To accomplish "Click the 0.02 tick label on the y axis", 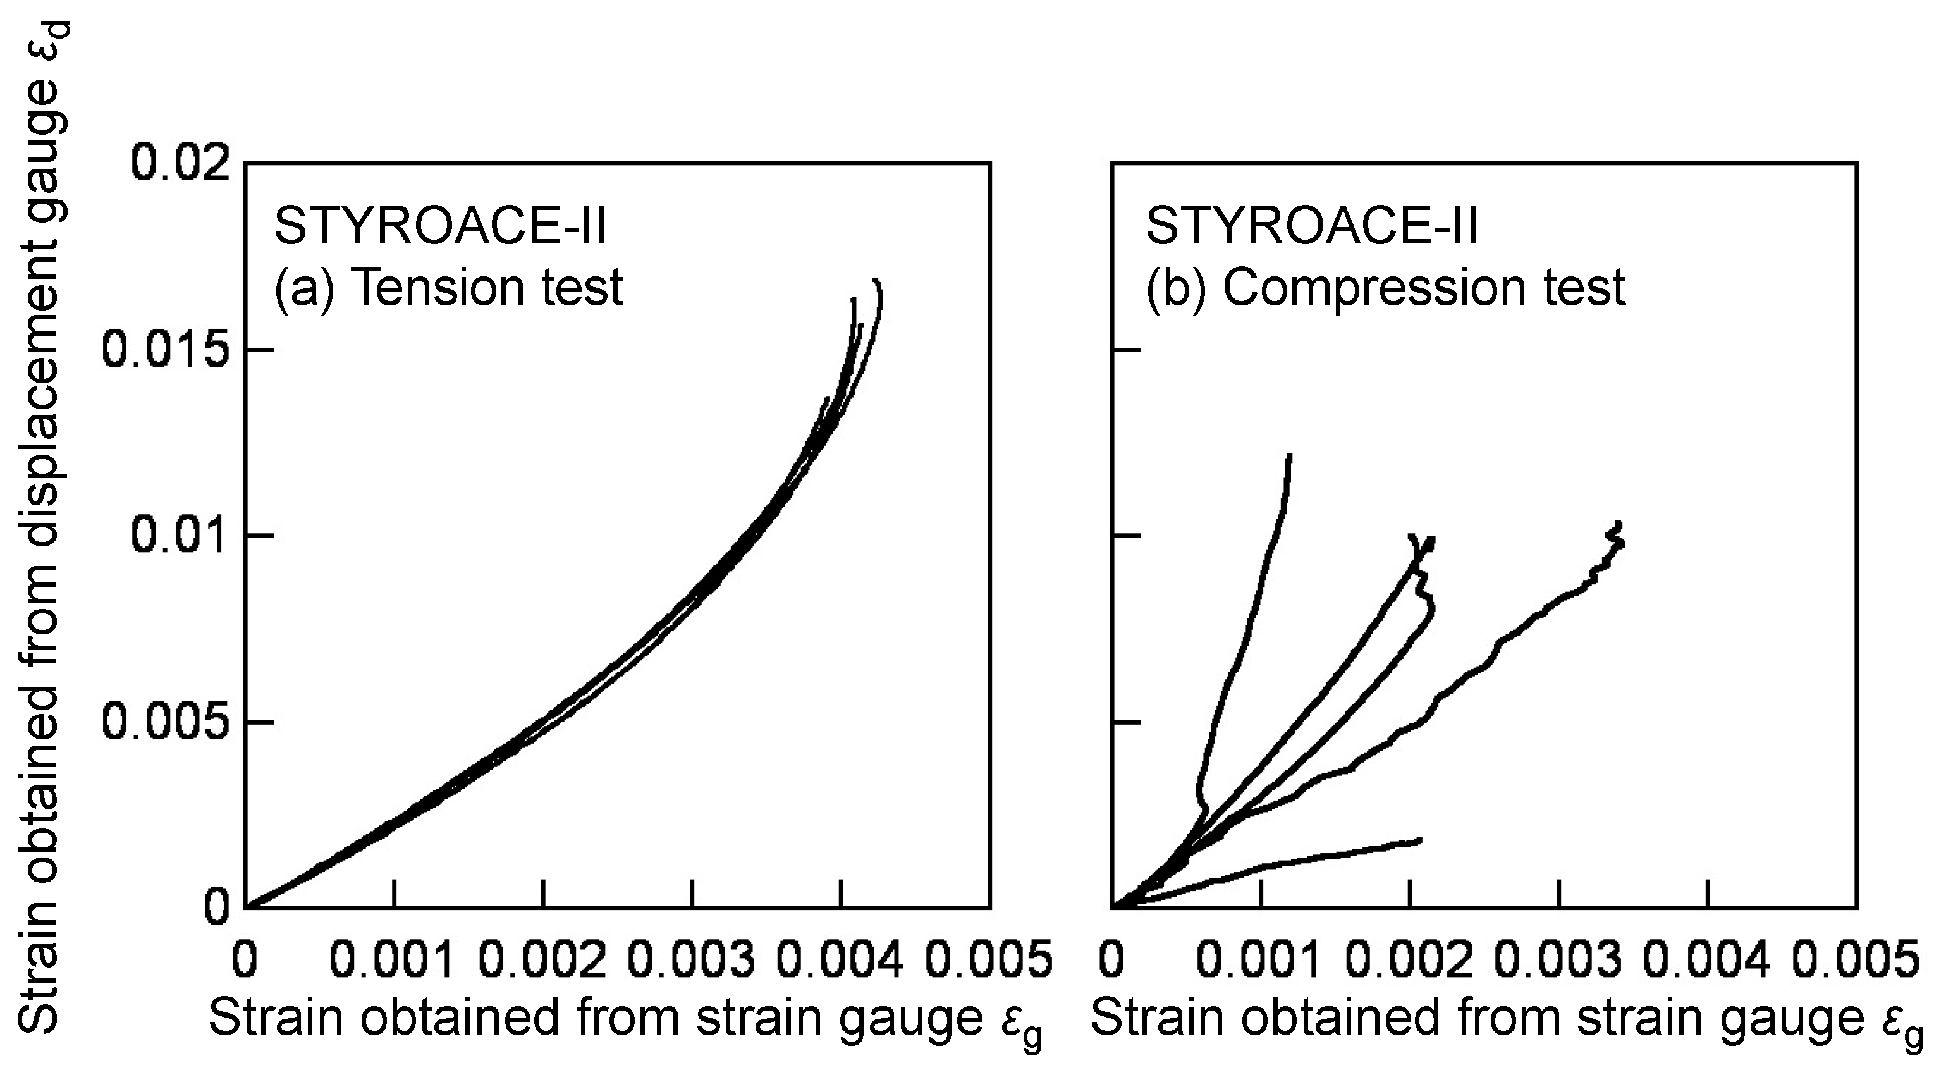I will pyautogui.click(x=179, y=163).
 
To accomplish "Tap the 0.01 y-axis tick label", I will pyautogui.click(x=179, y=536).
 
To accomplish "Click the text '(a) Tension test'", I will pyautogui.click(x=448, y=287).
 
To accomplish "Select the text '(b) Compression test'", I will pyautogui.click(x=1385, y=287).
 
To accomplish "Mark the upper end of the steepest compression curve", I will pyautogui.click(x=1289, y=456).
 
